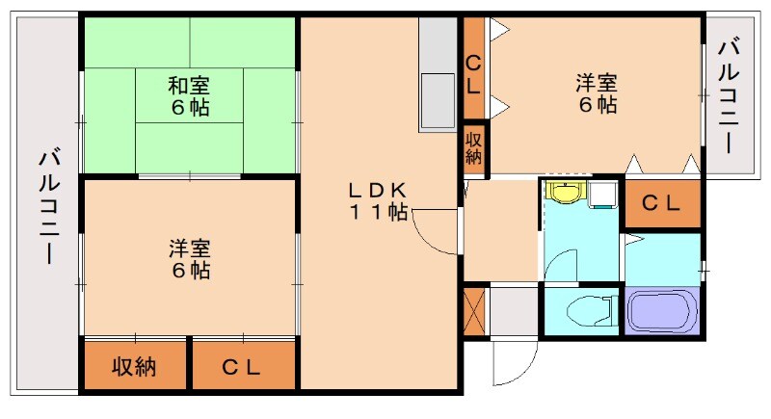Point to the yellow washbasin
point(562,192)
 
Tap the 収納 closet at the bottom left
point(135,366)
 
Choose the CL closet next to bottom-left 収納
point(242,366)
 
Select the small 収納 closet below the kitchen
point(474,149)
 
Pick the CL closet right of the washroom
point(662,204)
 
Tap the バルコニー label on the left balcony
point(46,207)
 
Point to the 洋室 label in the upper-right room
point(598,83)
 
